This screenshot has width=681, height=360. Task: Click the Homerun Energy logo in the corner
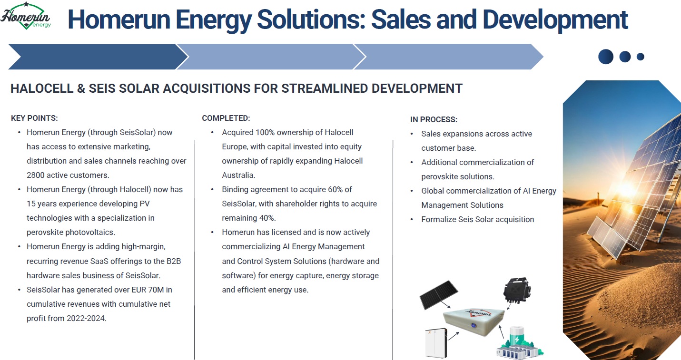[x=26, y=16]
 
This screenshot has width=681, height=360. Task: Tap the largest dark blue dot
[x=606, y=57]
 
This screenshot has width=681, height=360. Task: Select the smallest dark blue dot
[x=640, y=57]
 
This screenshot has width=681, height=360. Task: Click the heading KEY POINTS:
[x=34, y=118]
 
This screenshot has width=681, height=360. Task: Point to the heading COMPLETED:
[x=226, y=118]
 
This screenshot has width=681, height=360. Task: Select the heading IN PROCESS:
[x=434, y=119]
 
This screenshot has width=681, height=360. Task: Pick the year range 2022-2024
[x=86, y=318]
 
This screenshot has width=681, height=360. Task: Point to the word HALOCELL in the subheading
[x=42, y=88]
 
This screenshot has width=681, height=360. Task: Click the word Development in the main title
[x=555, y=20]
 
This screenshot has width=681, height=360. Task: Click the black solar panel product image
[x=438, y=295]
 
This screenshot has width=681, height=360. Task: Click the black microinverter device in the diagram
[x=517, y=290]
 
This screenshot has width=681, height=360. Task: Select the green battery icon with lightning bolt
[x=517, y=336]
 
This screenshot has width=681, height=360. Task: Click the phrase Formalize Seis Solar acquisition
[x=478, y=219]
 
